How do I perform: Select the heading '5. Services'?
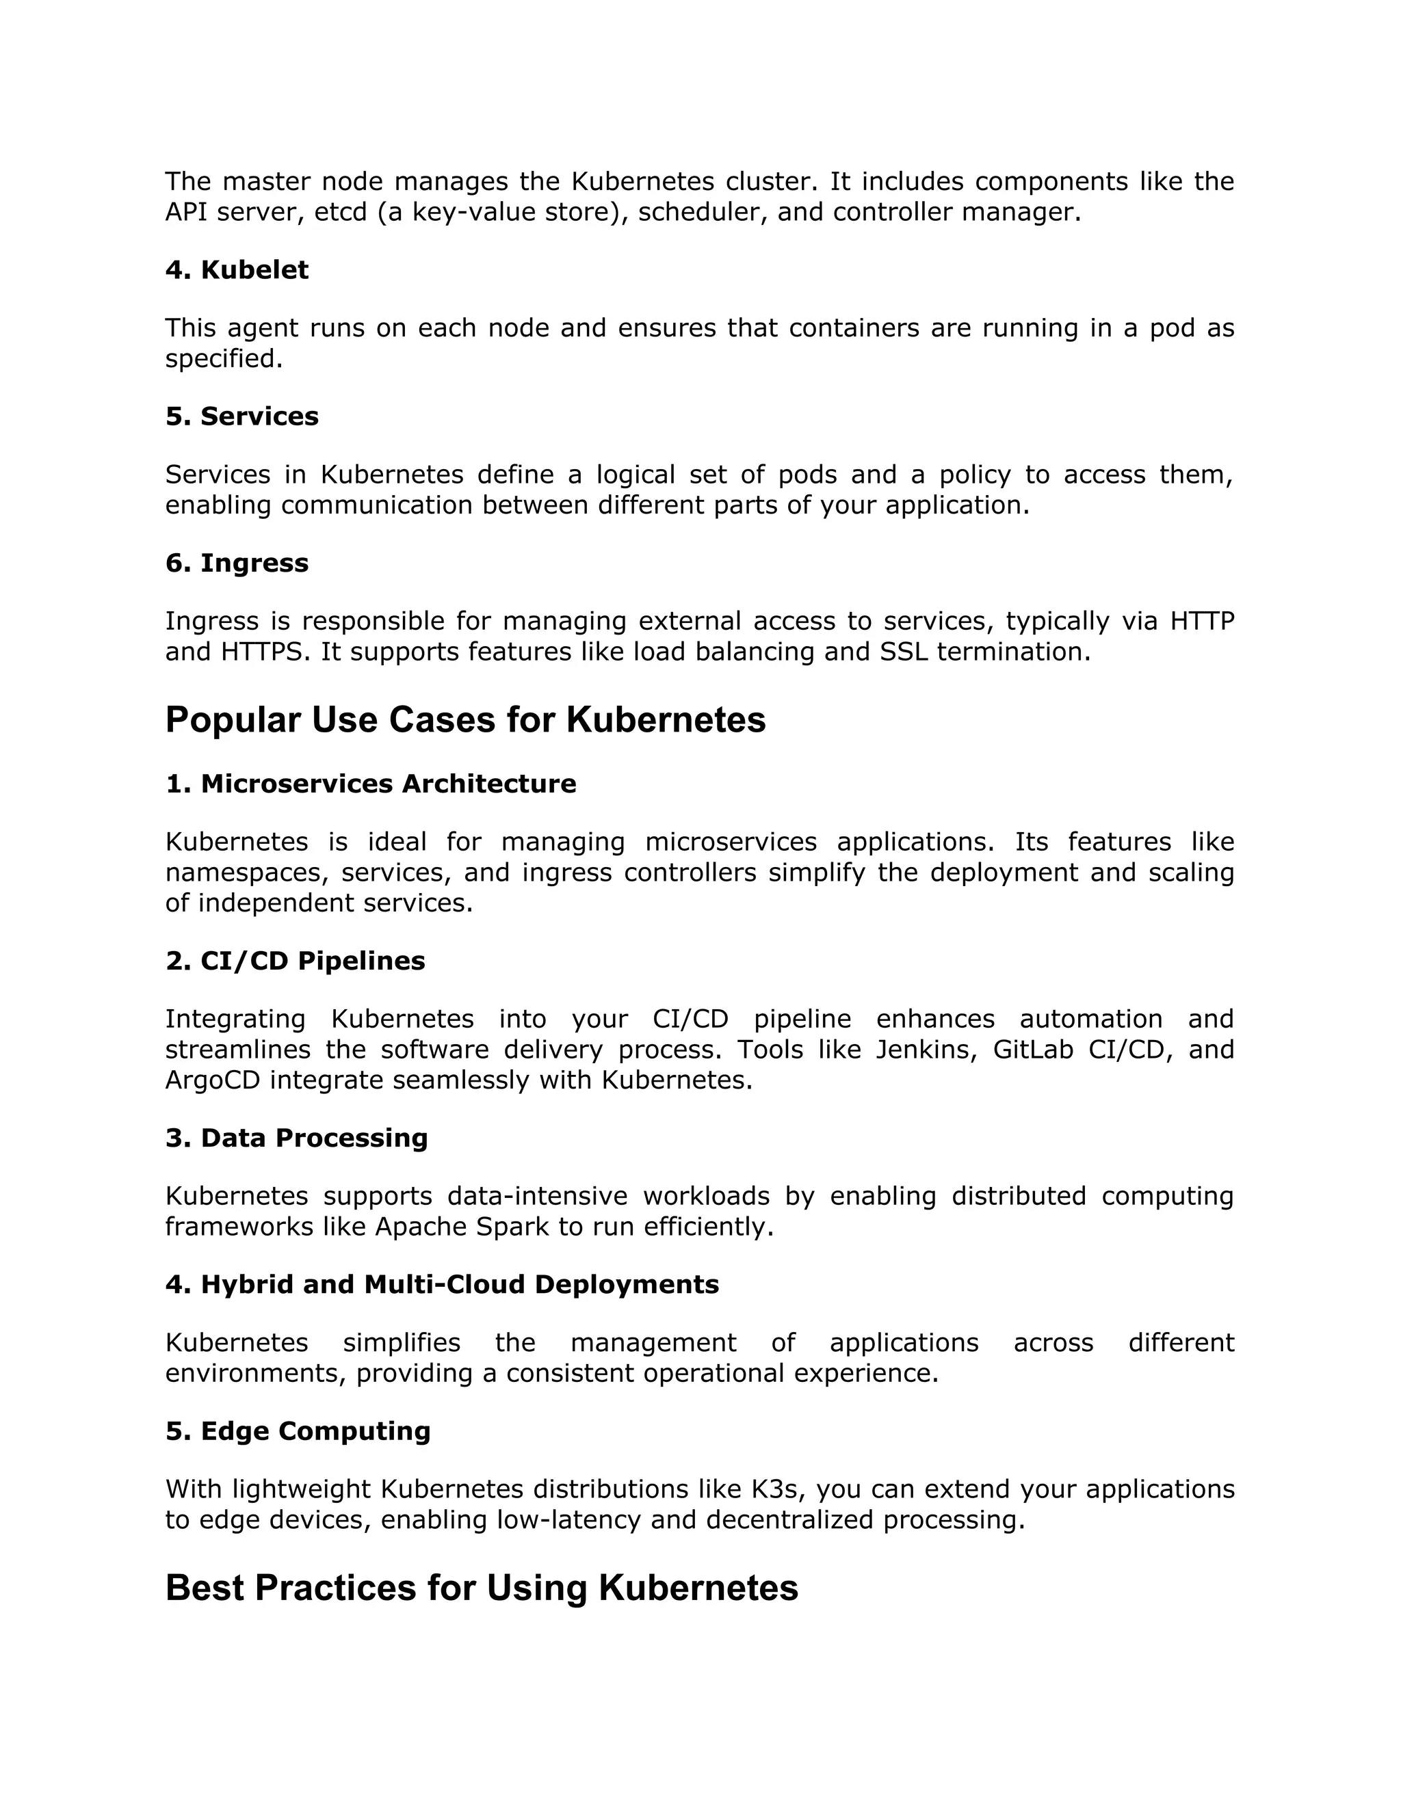(x=241, y=416)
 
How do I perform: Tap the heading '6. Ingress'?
(x=237, y=563)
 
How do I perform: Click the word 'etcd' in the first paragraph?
(x=340, y=213)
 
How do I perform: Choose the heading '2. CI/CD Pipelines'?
(x=295, y=961)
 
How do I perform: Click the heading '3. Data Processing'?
(x=296, y=1138)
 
